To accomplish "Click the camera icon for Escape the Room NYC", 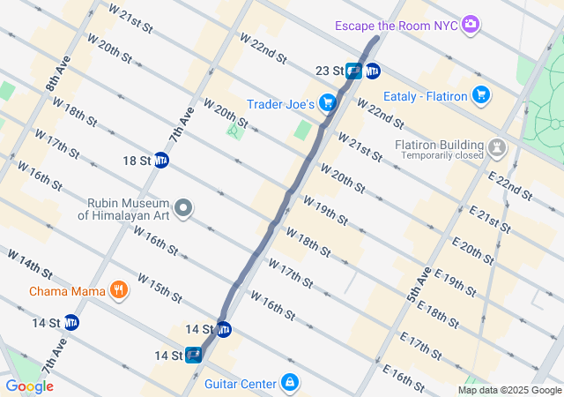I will [471, 24].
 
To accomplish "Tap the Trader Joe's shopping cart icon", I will [328, 103].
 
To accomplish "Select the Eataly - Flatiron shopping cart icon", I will [481, 94].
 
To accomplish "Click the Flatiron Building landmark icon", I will [498, 145].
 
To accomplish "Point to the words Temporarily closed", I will [444, 156].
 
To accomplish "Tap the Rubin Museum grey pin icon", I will [183, 208].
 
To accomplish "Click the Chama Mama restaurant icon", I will [118, 290].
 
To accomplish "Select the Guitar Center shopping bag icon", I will [288, 383].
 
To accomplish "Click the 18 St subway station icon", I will [161, 160].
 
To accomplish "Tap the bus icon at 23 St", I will [353, 71].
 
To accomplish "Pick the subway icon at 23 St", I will [373, 71].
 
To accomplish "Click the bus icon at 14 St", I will [194, 356].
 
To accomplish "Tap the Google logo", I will [30, 386].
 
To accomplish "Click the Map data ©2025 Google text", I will [508, 390].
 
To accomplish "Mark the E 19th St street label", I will [455, 281].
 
